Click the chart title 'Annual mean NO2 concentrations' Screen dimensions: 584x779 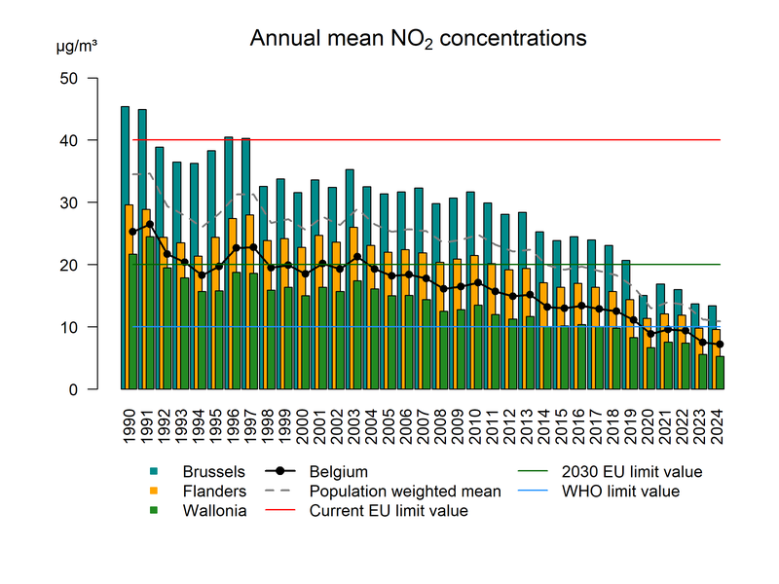[418, 39]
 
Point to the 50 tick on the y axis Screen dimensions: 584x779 [78, 78]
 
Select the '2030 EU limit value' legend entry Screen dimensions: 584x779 [624, 471]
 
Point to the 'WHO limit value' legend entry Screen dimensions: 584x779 [614, 491]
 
